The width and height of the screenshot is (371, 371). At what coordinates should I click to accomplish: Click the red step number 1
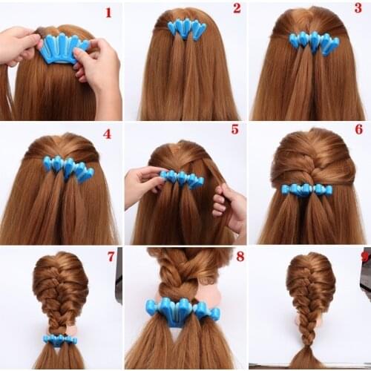pos(108,12)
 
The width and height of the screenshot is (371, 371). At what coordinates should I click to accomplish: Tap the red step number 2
pos(237,8)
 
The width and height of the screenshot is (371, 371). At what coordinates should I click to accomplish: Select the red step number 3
pos(358,8)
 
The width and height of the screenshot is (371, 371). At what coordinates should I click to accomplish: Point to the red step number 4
pos(107,134)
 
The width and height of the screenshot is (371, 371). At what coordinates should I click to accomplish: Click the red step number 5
pos(234,129)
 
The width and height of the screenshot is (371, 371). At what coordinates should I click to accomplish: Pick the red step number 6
pos(358,129)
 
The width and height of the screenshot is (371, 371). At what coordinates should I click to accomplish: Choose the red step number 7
pos(111,257)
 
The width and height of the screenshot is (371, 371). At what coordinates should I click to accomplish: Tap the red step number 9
pos(363,257)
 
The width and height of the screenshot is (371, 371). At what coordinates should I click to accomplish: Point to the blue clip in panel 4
pos(68,166)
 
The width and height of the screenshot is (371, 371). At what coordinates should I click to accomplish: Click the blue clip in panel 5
pos(183,179)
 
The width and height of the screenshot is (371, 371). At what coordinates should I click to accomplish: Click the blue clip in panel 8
pos(181,311)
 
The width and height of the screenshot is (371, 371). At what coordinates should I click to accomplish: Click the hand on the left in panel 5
pos(141,185)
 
